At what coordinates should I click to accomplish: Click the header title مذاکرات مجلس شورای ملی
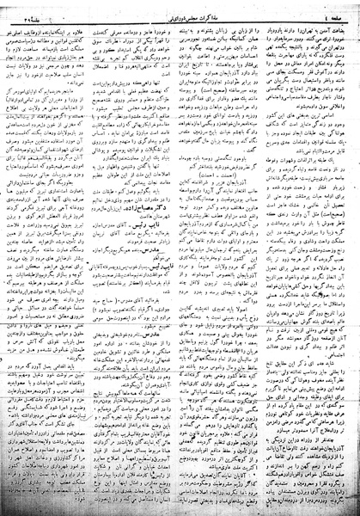pos(183,10)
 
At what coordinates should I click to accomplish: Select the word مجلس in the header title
pos(189,10)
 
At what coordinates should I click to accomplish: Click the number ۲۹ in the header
pos(24,10)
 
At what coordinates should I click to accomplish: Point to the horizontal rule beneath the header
pos(180,18)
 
